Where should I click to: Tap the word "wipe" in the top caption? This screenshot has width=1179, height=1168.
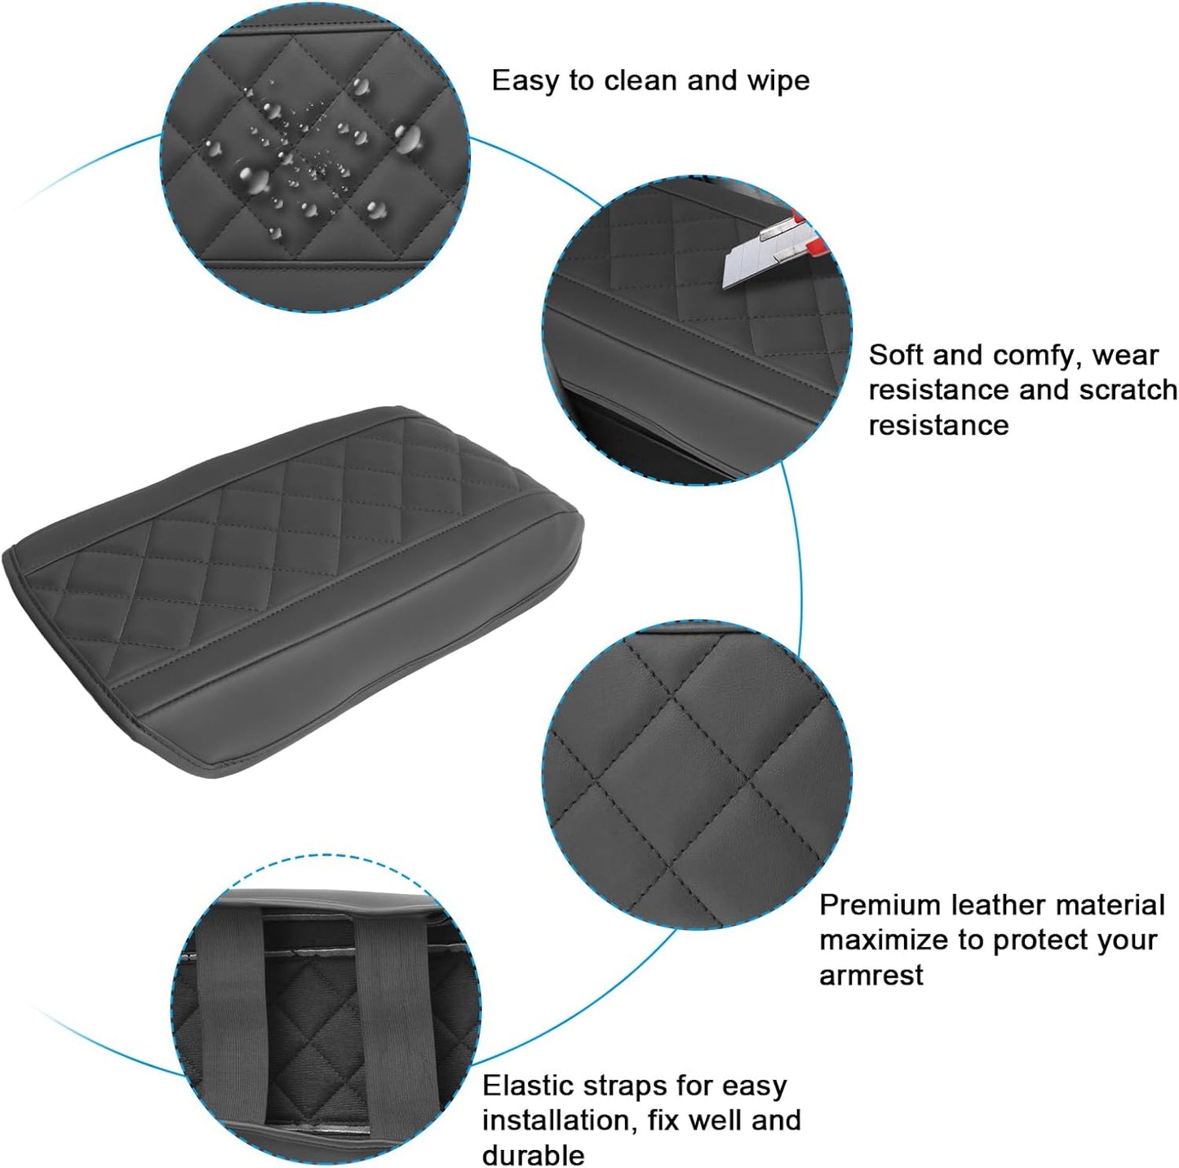[778, 82]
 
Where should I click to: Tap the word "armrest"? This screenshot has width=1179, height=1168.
[871, 975]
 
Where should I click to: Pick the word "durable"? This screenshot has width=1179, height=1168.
[533, 1155]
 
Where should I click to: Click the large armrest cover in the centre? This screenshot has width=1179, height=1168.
[294, 587]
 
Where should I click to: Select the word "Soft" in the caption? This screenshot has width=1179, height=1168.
[896, 356]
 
